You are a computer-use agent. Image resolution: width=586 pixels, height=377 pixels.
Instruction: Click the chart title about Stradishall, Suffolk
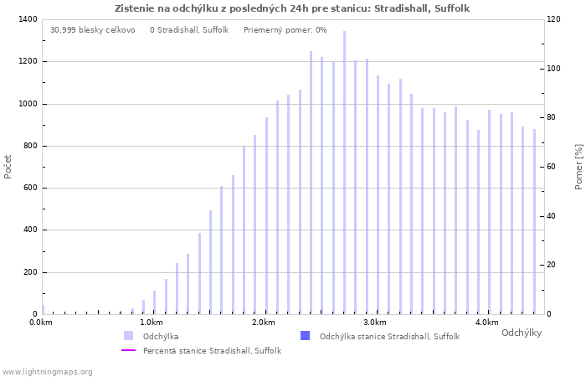(x=292, y=8)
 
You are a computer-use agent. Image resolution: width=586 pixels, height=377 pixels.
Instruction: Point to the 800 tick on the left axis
(x=29, y=146)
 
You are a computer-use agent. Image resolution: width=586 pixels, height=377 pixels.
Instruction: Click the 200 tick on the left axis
(x=29, y=272)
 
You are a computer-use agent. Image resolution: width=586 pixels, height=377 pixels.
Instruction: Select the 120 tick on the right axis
(x=555, y=19)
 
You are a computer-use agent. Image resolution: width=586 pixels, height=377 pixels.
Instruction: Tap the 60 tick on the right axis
(x=553, y=167)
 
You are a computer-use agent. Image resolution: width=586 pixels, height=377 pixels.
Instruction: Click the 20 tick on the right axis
(x=553, y=265)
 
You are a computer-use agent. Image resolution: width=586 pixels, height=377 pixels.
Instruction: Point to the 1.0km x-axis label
(x=151, y=323)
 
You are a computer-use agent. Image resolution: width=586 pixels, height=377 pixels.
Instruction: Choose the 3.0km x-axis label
(x=375, y=323)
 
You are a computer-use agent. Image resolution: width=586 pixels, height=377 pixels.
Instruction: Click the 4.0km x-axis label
(x=486, y=323)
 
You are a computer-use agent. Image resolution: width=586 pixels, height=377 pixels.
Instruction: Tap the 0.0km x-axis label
(x=39, y=323)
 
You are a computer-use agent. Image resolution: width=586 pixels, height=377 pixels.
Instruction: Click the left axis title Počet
(x=8, y=166)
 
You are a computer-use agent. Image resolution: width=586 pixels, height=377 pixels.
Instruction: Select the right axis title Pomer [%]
(x=578, y=166)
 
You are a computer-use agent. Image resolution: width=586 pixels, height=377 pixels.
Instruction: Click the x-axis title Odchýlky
(x=521, y=333)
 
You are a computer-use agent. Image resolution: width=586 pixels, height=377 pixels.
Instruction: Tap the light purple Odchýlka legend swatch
(x=128, y=336)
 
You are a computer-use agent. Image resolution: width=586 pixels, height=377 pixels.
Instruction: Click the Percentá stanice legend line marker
(x=128, y=350)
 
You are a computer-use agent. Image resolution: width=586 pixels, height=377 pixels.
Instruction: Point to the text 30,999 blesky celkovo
(x=92, y=30)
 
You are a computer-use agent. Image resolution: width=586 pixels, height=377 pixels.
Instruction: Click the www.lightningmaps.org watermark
(x=47, y=371)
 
